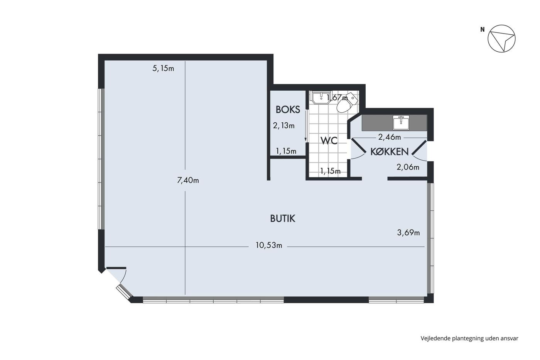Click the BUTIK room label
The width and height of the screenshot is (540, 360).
282,218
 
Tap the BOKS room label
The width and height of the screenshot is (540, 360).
288,110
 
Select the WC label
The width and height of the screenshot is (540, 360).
329,141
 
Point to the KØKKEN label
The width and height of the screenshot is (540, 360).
389,152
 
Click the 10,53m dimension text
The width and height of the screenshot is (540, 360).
269,245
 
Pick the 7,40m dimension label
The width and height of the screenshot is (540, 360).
188,180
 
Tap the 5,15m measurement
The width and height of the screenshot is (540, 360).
163,68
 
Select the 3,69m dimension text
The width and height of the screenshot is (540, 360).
408,233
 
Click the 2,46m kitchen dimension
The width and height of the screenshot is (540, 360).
390,137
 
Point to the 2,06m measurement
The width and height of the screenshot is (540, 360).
408,167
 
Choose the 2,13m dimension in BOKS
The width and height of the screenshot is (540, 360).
284,126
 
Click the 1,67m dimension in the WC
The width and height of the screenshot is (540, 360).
337,98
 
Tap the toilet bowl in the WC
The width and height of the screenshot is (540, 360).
346,103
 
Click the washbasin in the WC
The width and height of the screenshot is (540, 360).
321,98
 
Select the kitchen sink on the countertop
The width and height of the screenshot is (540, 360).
401,122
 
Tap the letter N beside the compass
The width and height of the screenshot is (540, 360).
483,29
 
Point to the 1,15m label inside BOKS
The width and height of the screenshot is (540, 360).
286,151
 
